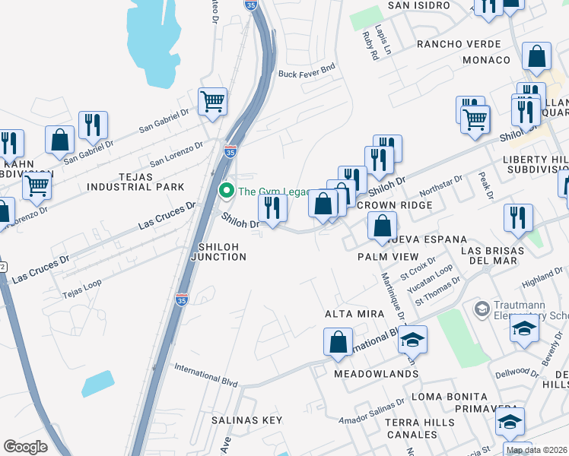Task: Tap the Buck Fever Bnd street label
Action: (x=307, y=73)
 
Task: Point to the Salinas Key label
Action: (x=246, y=420)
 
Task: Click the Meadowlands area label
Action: (x=376, y=374)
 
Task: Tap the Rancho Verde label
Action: (x=459, y=44)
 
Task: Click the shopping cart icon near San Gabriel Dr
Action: (x=212, y=100)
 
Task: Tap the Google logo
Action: (x=26, y=447)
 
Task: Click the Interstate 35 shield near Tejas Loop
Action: (x=182, y=300)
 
